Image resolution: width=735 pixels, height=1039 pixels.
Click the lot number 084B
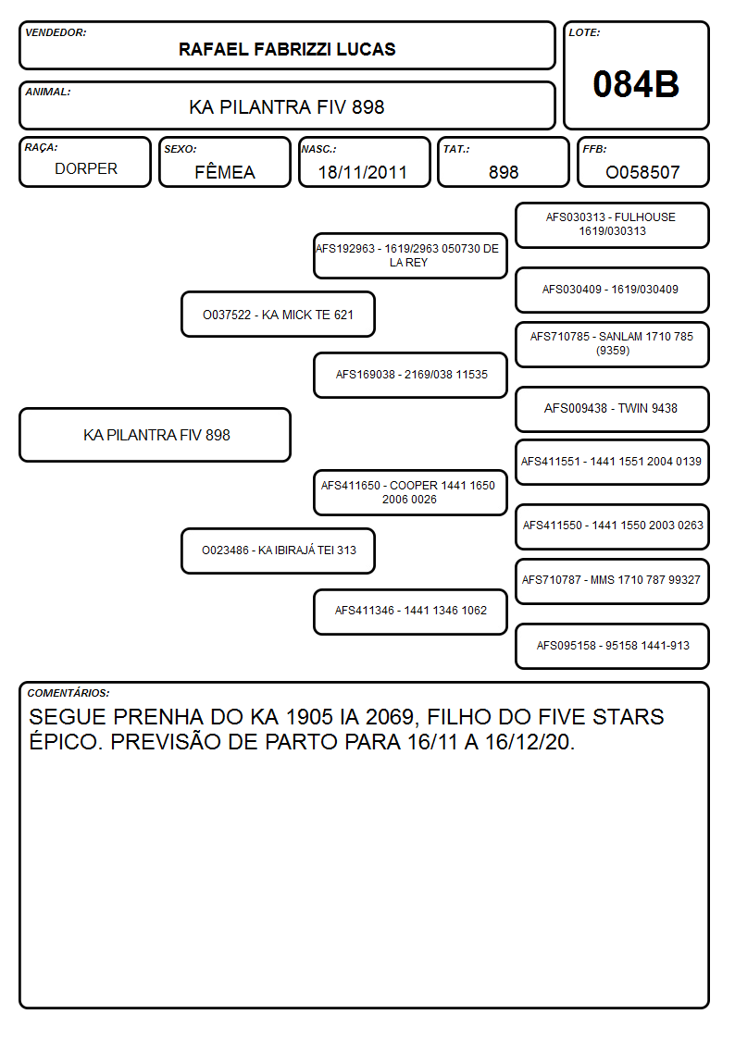[x=636, y=85]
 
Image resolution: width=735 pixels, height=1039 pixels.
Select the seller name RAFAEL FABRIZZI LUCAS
[x=287, y=49]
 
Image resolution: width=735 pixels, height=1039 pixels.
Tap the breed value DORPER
[x=86, y=169]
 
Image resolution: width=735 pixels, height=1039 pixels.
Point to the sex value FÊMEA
[x=225, y=171]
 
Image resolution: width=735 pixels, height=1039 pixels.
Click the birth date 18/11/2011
[x=363, y=172]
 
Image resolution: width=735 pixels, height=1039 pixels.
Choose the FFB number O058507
[x=642, y=172]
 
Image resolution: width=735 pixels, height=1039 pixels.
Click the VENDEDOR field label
[x=56, y=32]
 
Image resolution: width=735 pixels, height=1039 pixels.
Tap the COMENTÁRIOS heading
[x=69, y=693]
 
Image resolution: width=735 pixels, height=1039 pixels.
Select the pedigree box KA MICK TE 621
[x=279, y=314]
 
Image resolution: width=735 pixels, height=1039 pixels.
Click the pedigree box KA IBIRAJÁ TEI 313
[x=279, y=550]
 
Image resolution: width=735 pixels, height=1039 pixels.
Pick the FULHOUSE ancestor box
[x=613, y=226]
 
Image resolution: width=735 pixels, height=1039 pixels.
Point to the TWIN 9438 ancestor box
[x=613, y=409]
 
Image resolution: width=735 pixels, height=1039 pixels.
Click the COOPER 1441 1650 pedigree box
[x=410, y=492]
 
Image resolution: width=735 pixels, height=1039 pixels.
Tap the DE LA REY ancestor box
[x=410, y=255]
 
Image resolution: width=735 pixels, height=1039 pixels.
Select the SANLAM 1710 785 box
[x=613, y=344]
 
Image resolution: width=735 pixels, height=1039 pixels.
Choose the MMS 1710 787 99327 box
[x=613, y=581]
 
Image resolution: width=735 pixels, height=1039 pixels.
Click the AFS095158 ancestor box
[x=613, y=646]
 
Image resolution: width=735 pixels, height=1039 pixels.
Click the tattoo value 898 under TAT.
[x=504, y=172]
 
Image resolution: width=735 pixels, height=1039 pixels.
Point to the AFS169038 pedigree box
[x=410, y=375]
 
